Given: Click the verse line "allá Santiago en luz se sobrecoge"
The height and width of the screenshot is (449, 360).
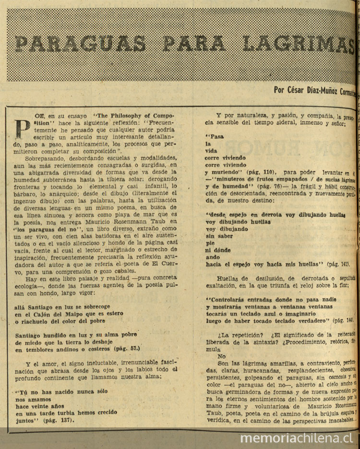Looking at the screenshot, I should pyautogui.click(x=62, y=306).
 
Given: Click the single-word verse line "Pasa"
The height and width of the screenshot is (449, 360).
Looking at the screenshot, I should pyautogui.click(x=215, y=136).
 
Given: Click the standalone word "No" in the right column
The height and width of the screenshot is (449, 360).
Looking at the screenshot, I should pyautogui.click(x=221, y=356).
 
